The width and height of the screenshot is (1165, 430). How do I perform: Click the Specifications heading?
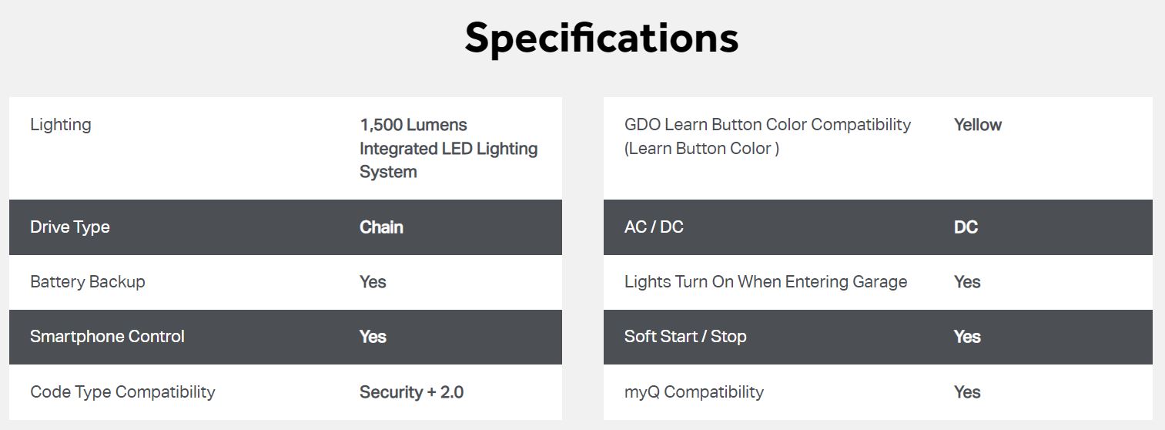click(601, 39)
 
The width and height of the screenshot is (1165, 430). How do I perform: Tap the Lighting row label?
click(61, 125)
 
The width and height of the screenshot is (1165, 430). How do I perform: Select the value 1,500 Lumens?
click(413, 125)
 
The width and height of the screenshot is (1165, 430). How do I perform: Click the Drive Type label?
click(70, 227)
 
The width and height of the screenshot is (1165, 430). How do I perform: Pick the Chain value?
click(381, 227)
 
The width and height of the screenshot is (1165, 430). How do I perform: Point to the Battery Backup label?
click(88, 281)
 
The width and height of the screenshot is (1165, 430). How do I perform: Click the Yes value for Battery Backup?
click(373, 282)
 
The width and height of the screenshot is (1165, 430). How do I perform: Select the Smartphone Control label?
click(107, 336)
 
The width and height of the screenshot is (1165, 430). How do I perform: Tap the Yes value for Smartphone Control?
click(373, 337)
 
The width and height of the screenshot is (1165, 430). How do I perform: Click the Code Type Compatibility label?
click(122, 392)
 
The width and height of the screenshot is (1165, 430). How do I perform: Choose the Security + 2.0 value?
click(411, 392)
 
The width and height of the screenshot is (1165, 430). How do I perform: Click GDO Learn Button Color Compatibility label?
click(768, 125)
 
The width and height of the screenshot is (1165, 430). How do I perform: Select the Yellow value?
click(978, 125)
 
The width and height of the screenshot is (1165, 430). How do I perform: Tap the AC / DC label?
click(654, 227)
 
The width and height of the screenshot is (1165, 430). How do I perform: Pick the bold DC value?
click(966, 227)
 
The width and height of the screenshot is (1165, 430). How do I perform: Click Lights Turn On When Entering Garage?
click(765, 281)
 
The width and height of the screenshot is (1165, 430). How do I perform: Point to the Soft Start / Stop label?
click(685, 336)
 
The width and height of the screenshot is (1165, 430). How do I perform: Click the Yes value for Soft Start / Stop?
click(967, 337)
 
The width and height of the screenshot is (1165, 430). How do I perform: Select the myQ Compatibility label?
click(695, 392)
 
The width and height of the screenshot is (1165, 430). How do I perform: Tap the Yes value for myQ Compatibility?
click(967, 392)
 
